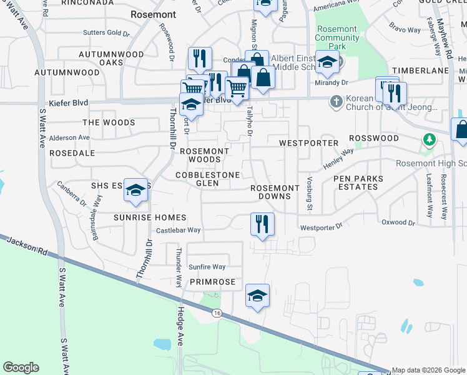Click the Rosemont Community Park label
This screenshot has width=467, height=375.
pyautogui.click(x=337, y=37)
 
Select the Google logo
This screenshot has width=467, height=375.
pyautogui.click(x=21, y=367)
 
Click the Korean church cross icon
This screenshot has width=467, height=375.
pyautogui.click(x=336, y=101)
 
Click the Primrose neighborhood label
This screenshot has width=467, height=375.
pyautogui.click(x=212, y=282)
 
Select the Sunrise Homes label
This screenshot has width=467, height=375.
pyautogui.click(x=150, y=217)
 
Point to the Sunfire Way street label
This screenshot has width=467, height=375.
pyautogui.click(x=207, y=267)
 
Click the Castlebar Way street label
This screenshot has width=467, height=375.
pyautogui.click(x=178, y=230)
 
